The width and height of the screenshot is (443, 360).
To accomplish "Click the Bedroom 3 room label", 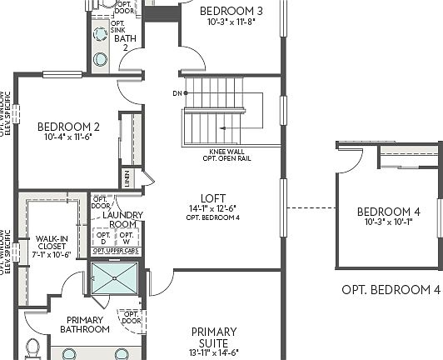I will pyautogui.click(x=232, y=10).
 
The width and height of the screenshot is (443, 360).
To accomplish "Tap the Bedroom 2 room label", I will pyautogui.click(x=68, y=127).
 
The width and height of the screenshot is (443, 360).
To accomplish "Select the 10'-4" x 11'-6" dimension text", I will pyautogui.click(x=68, y=137).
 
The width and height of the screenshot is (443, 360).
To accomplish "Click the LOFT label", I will pyautogui.click(x=212, y=197).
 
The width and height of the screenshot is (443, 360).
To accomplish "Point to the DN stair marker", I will pyautogui.click(x=176, y=92).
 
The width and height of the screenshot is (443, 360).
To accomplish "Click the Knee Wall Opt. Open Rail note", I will pyautogui.click(x=226, y=155).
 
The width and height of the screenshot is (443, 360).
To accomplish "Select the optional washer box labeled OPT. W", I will pyautogui.click(x=127, y=237).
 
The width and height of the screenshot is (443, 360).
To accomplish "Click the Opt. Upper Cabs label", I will pyautogui.click(x=115, y=251).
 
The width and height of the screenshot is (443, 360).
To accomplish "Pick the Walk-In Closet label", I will pyautogui.click(x=52, y=247).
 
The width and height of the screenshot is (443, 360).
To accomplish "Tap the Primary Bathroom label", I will pyautogui.click(x=84, y=324).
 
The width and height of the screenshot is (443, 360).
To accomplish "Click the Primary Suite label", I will pyautogui.click(x=214, y=337).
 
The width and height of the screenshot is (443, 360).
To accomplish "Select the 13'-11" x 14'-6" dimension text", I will pyautogui.click(x=214, y=352).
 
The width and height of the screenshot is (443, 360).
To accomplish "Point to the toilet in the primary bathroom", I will pyautogui.click(x=33, y=347).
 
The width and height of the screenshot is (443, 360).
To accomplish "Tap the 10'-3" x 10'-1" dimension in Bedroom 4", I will pyautogui.click(x=388, y=222).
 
